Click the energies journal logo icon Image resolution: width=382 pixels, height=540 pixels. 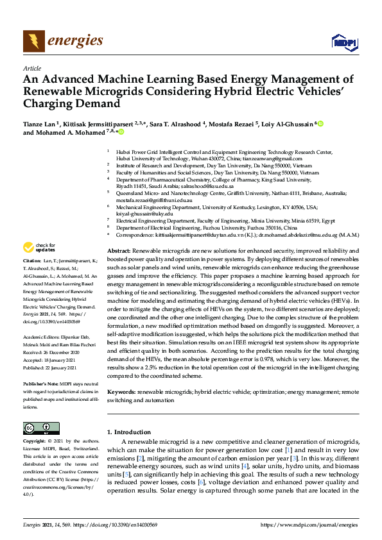click(34, 41)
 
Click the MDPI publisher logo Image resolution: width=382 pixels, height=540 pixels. click(344, 42)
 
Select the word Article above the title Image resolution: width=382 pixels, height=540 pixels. click(32, 68)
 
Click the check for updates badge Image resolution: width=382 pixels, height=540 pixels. click(39, 247)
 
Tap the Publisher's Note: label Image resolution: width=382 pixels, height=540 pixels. click(40, 382)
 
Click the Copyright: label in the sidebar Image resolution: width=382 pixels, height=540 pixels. click(35, 442)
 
